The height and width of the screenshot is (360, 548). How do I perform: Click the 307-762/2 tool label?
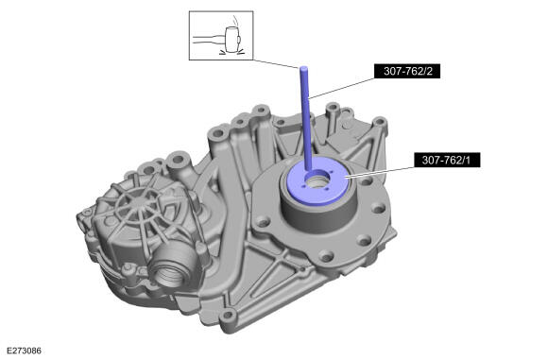point(407,71)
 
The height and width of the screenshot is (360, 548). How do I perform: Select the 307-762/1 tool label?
point(447,160)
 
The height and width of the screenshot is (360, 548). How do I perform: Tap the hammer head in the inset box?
point(231,40)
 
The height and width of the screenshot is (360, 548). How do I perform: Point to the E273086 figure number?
point(25,351)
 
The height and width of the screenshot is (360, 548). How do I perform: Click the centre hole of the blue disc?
point(317,180)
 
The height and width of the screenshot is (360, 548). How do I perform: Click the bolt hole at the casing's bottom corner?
point(228,316)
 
